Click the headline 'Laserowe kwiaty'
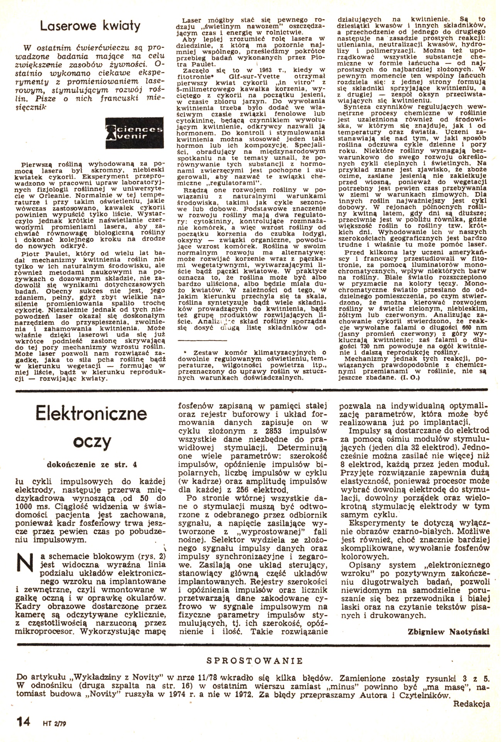pyautogui.click(x=90, y=26)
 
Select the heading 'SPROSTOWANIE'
pyautogui.click(x=254, y=660)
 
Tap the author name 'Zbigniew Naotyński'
pyautogui.click(x=448, y=631)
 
